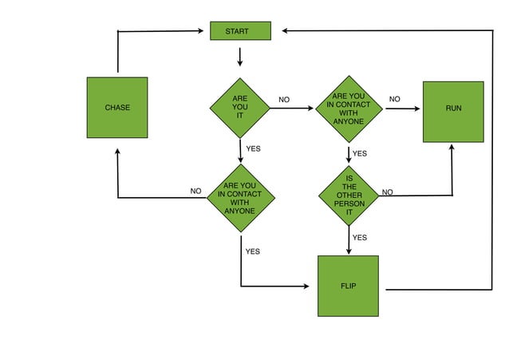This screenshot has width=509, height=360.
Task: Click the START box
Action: (240, 31)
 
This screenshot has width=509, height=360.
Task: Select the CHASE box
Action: (117, 107)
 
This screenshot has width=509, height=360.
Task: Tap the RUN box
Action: (452, 112)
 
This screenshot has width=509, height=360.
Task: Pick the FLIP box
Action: (348, 286)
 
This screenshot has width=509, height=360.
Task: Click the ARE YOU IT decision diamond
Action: (240, 108)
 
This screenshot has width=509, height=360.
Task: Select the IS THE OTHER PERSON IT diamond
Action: (349, 196)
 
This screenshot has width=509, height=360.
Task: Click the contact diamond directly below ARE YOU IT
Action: (240, 198)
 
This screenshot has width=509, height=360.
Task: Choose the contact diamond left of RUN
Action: (349, 109)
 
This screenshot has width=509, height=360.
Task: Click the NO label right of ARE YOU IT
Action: (284, 100)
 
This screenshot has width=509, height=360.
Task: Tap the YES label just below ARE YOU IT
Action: (253, 148)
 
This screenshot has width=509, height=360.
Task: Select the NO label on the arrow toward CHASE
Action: (195, 191)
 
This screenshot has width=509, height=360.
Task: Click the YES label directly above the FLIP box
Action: (360, 237)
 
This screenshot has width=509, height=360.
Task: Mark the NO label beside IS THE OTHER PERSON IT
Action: (388, 192)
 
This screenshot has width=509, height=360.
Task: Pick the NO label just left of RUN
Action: (394, 99)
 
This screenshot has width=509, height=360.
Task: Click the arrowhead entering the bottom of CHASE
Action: (118, 151)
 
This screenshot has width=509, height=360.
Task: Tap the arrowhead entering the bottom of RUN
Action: (452, 148)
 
